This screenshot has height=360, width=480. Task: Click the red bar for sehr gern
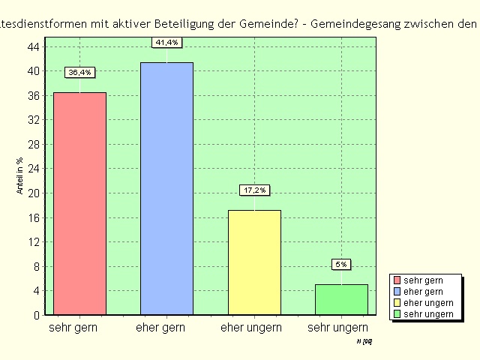click(79, 203)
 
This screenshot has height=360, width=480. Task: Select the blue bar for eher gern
click(166, 188)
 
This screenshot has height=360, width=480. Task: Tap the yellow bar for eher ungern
click(254, 262)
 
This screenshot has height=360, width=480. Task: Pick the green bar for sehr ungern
click(341, 299)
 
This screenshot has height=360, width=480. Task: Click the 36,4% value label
click(79, 73)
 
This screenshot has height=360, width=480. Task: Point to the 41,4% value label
click(166, 42)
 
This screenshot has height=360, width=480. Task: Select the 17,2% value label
click(254, 190)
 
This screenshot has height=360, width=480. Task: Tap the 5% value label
click(341, 264)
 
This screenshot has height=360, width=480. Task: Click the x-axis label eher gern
click(161, 328)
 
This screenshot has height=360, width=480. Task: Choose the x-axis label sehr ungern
click(337, 328)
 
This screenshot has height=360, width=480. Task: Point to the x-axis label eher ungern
click(251, 328)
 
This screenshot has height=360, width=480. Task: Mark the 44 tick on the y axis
click(34, 47)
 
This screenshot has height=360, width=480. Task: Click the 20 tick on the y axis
click(34, 193)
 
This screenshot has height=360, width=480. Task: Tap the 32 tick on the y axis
click(34, 120)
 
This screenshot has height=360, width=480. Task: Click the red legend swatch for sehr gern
click(397, 280)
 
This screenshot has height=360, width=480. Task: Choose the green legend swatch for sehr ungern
click(397, 314)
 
